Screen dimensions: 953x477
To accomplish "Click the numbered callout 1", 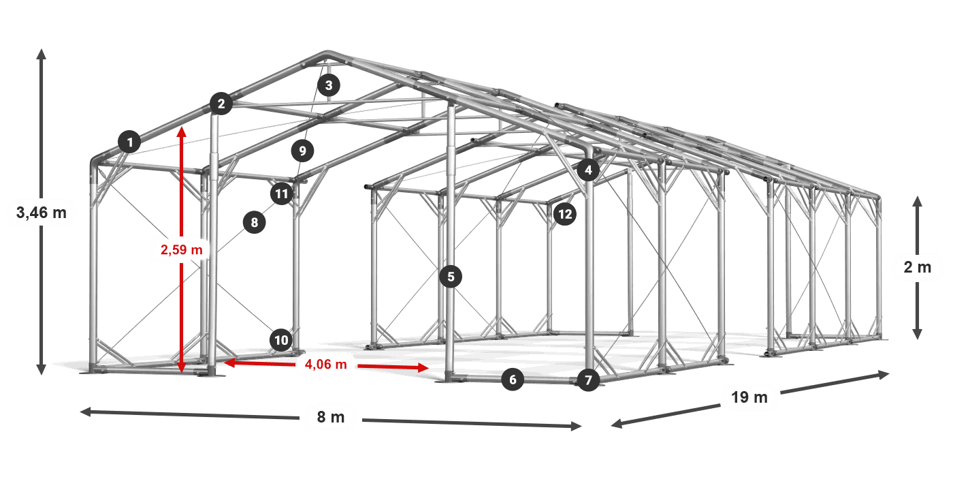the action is tap(130, 142).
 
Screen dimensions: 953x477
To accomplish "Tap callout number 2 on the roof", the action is tap(221, 104).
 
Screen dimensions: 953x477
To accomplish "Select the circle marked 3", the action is tap(328, 85).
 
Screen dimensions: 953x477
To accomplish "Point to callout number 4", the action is tap(588, 170).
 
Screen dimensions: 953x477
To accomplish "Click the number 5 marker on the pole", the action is tap(451, 277).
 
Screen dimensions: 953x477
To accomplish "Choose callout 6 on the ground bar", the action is tap(513, 380).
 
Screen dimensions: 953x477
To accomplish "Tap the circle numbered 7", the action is tap(588, 380).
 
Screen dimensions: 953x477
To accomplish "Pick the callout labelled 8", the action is tap(255, 222).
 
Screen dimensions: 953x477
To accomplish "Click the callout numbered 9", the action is tap(302, 151).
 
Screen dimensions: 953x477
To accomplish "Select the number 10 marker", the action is tap(281, 340).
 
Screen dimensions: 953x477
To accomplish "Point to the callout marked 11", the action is tap(282, 194).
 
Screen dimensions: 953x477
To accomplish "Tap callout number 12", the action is tap(565, 214).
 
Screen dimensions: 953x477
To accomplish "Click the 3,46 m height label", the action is tap(42, 212).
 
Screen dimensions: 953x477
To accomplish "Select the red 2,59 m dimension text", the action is tap(182, 249).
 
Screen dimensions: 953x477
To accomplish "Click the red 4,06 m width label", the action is tap(326, 364).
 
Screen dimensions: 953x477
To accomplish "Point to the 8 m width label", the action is tap(331, 417).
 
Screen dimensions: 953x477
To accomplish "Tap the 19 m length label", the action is tap(749, 397).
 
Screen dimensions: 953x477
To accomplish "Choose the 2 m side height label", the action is tap(918, 267).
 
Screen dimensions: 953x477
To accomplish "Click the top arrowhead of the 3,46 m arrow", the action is tap(42, 54).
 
